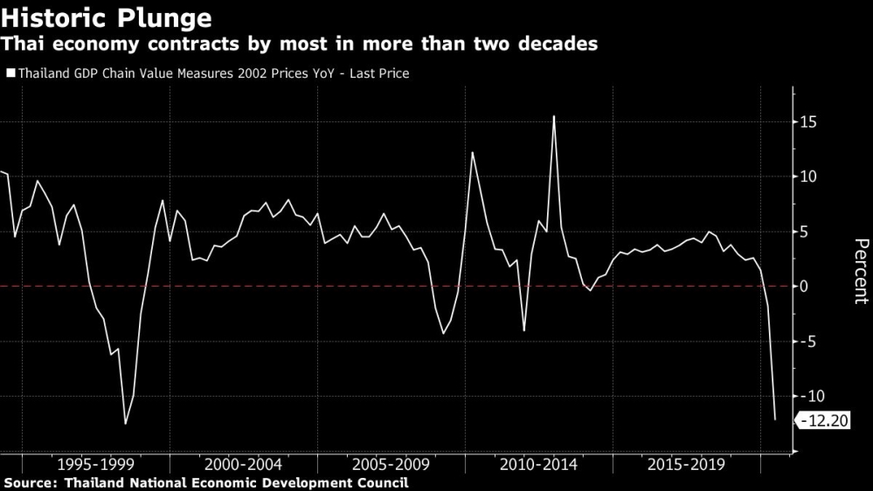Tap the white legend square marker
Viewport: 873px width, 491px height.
click(10, 74)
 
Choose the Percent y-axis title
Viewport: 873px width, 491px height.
click(860, 271)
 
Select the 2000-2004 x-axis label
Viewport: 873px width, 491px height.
click(242, 464)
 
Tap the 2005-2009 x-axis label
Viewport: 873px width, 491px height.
click(390, 464)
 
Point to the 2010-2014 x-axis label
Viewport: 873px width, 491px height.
click(537, 464)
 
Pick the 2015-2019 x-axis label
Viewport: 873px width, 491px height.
click(686, 464)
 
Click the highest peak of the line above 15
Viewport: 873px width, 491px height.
click(553, 115)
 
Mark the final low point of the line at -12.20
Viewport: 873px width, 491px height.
click(775, 420)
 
